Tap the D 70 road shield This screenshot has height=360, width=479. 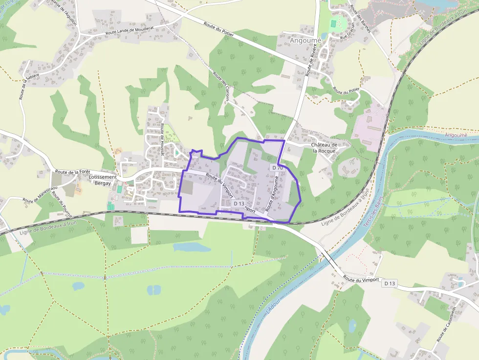pyautogui.click(x=277, y=168)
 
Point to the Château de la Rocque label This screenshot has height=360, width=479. pyautogui.click(x=325, y=148)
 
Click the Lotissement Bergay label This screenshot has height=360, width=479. pyautogui.click(x=104, y=180)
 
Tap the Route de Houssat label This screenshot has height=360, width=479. pyautogui.click(x=162, y=139)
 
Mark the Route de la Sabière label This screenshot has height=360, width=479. pyautogui.click(x=23, y=84)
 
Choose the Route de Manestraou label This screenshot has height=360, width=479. pyautogui.click(x=40, y=194)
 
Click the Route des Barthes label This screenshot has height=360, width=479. pyautogui.click(x=360, y=20)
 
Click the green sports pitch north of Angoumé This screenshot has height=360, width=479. pyautogui.click(x=334, y=23)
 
